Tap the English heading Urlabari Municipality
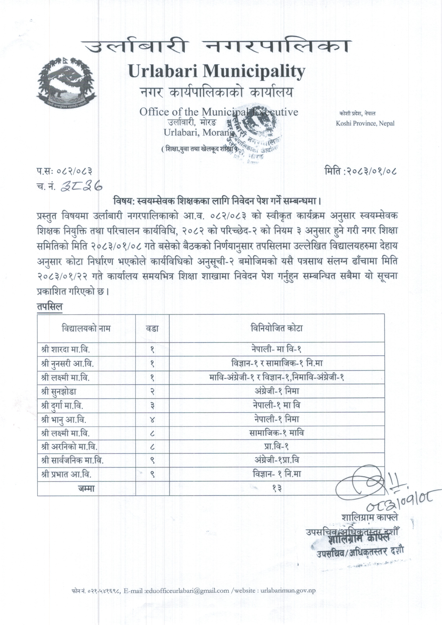click(217, 72)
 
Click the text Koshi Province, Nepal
click(365, 123)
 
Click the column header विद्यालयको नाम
click(86, 328)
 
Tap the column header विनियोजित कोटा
click(276, 328)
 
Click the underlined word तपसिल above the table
click(50, 306)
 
